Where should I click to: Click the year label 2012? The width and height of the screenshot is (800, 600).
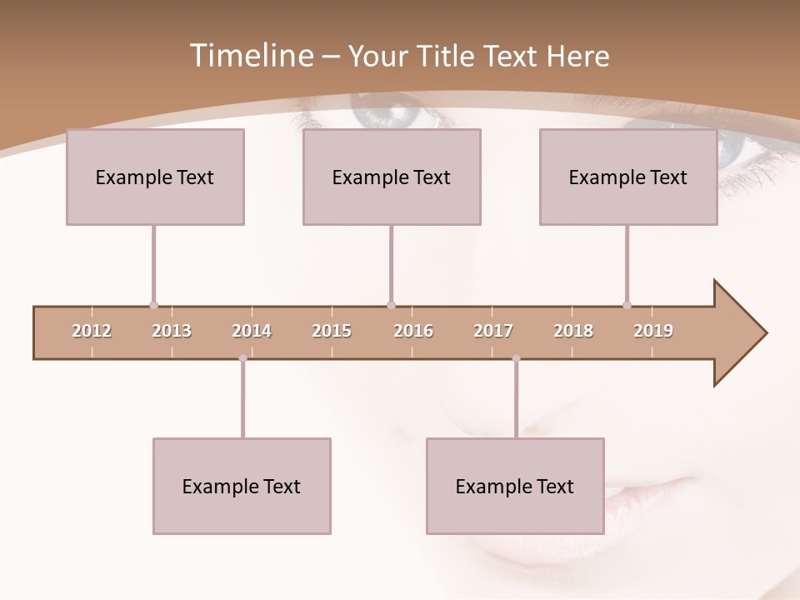92,331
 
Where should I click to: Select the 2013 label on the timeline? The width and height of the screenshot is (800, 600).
172,331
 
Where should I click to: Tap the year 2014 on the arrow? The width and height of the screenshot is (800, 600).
252,331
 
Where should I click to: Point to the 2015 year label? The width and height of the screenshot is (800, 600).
332,331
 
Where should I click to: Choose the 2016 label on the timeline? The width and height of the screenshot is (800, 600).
413,331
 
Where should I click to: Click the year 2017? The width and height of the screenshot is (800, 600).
493,331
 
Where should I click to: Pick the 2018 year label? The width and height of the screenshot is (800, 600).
573,331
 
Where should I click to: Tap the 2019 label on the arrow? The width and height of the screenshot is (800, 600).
653,331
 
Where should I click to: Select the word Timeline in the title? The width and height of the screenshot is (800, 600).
250,56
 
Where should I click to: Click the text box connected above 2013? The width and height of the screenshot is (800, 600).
155,177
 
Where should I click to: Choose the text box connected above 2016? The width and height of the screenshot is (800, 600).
392,177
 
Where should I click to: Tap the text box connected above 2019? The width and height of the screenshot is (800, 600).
628,177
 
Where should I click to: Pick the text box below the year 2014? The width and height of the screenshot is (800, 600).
242,486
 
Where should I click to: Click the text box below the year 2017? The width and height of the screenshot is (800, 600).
515,486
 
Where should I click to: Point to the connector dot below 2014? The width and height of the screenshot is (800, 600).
242,358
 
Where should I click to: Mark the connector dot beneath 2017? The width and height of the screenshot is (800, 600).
516,358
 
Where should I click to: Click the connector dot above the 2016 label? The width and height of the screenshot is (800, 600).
391,305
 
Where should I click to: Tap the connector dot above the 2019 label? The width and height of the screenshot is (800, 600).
627,305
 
